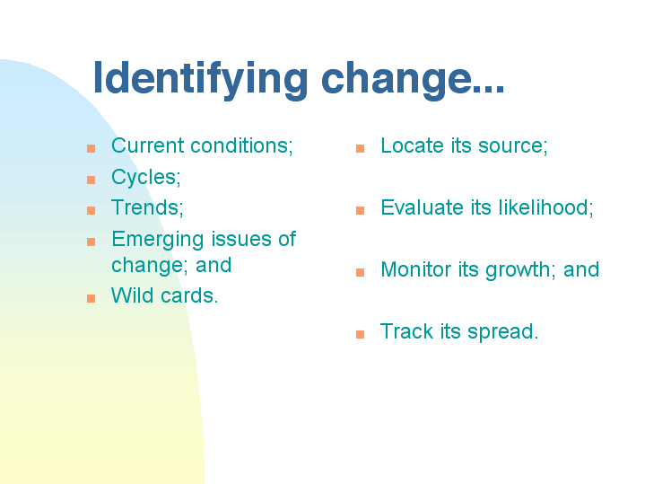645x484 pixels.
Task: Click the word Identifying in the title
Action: (200, 80)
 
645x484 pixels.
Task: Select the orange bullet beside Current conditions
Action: (92, 148)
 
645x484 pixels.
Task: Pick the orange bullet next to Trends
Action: (92, 210)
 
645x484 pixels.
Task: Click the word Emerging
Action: (158, 240)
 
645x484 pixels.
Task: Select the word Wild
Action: (133, 295)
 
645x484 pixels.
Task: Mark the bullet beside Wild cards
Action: (92, 298)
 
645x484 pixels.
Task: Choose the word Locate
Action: (412, 145)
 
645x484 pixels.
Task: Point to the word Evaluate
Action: (422, 207)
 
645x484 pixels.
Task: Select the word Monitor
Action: (416, 269)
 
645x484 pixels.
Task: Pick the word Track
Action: (407, 331)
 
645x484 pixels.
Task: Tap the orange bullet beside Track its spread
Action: (361, 334)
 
